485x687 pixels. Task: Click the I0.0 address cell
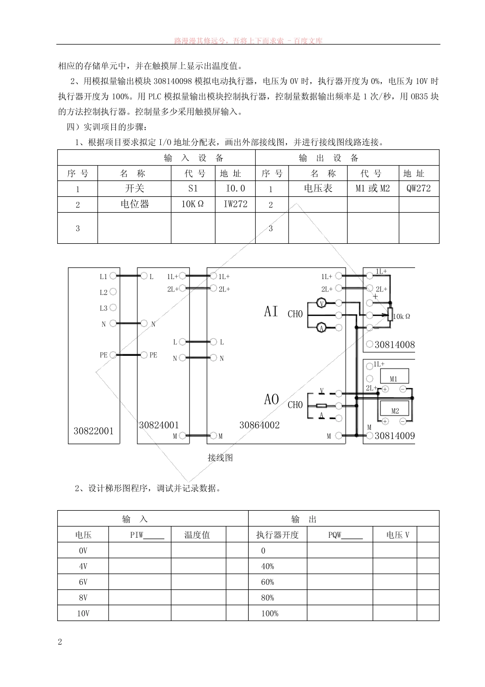[235, 189]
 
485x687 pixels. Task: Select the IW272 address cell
[235, 204]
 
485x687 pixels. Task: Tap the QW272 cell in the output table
[419, 189]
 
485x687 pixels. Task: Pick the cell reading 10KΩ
[192, 204]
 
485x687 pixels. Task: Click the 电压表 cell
[318, 189]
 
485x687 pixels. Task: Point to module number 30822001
[93, 431]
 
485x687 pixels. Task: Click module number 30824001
[159, 425]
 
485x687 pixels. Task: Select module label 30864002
[259, 425]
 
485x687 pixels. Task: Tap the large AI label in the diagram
[271, 311]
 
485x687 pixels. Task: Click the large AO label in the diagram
[272, 399]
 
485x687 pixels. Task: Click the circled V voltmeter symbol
[322, 304]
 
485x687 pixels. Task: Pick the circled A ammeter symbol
[322, 328]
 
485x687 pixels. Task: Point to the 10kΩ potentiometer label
[402, 316]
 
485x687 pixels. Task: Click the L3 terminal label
[104, 308]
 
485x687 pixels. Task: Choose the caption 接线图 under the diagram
[220, 458]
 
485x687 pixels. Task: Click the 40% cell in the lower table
[268, 566]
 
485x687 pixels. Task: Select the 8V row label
[83, 598]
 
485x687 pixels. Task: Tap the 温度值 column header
[197, 535]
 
